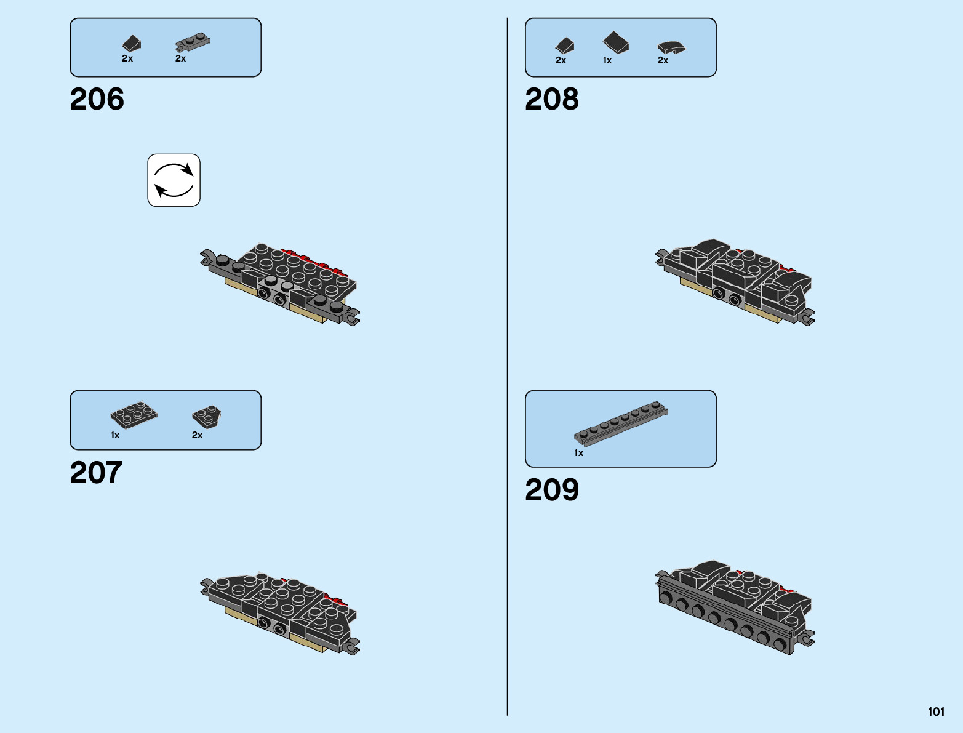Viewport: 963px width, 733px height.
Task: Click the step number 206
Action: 97,99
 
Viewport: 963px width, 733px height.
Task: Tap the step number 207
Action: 96,473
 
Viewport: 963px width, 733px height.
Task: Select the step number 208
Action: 552,99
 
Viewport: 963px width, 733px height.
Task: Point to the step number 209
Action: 552,490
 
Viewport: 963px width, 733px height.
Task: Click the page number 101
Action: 936,711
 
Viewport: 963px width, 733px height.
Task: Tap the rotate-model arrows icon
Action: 174,180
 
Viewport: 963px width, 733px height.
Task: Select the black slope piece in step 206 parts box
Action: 132,44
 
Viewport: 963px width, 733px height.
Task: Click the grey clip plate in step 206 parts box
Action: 193,42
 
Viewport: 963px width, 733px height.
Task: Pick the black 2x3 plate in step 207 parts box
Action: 134,415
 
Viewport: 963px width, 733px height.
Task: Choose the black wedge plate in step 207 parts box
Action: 207,417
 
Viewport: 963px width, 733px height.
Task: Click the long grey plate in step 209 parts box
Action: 621,423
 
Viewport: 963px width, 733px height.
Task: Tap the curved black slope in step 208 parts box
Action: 671,47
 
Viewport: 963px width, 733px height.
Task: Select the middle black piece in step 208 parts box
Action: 616,42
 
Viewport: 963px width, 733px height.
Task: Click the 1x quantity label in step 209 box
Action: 578,453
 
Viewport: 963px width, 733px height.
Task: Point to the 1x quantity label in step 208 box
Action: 607,60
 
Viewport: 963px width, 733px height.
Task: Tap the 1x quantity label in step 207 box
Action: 115,435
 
